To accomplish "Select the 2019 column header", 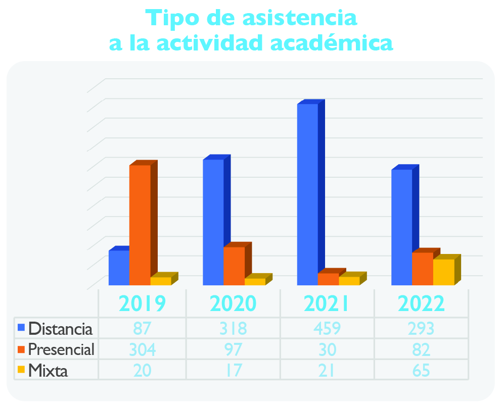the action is tap(142, 303).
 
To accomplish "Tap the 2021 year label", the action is tap(326, 303).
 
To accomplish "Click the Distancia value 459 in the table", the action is tap(327, 328).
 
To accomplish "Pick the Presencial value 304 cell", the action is tap(143, 349).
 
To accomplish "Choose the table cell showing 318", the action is tap(234, 328).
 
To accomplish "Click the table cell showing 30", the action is tap(327, 349).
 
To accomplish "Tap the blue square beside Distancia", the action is tap(21, 328).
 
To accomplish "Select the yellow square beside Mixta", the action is tap(21, 370).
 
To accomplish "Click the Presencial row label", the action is tap(61, 349).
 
